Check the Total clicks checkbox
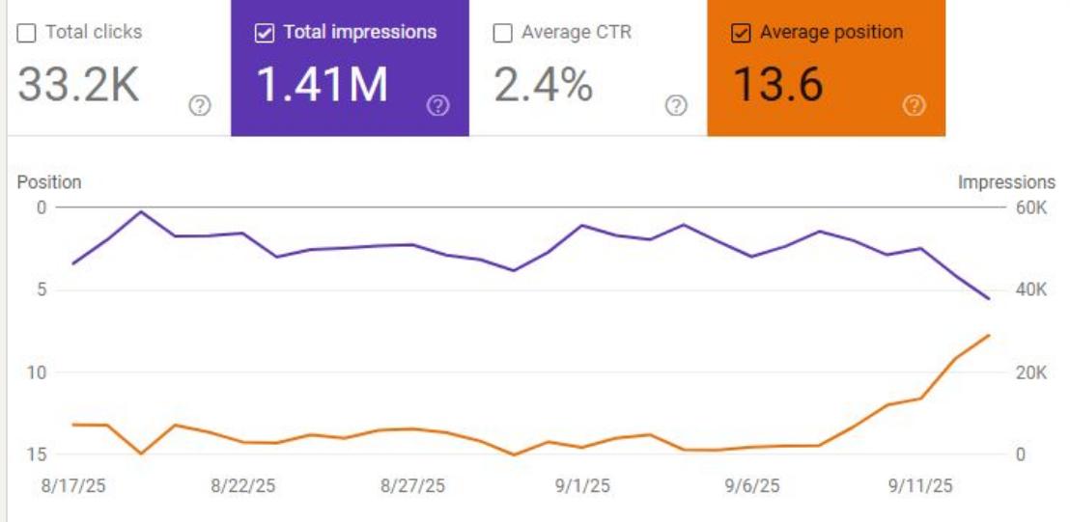pos(27,33)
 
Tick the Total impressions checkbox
pos(265,33)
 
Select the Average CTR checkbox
pos(502,33)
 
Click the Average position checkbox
pos(741,33)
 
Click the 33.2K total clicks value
pos(79,85)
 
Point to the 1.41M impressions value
pos(322,85)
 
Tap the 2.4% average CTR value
pos(544,85)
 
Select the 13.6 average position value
pos(778,85)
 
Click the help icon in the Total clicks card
pos(200,106)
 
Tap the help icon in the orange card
pos(914,106)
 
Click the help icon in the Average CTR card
pos(677,106)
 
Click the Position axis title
pos(49,182)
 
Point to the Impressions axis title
pos(1006,182)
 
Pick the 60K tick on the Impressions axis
pos(1029,207)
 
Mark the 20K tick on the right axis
pos(1029,372)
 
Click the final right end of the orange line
pos(989,335)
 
